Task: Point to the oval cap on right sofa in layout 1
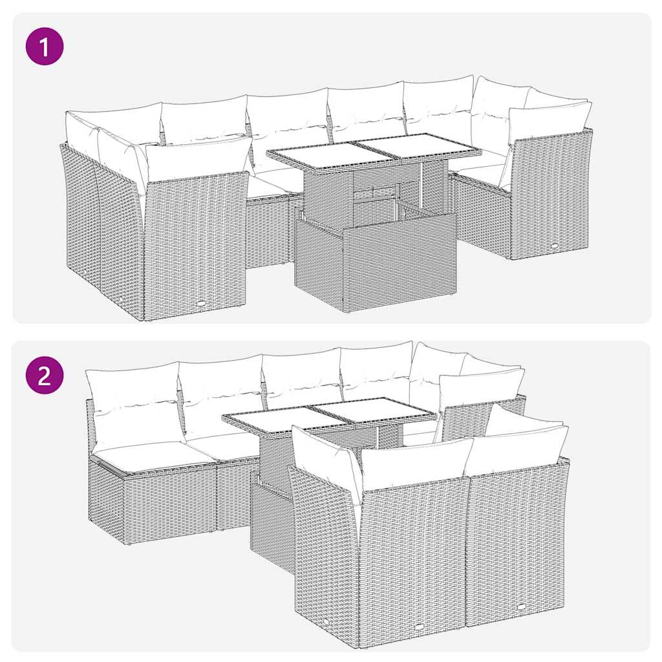click(x=555, y=245)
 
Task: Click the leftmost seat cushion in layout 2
click(x=152, y=454)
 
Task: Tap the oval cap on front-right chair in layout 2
click(x=521, y=606)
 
